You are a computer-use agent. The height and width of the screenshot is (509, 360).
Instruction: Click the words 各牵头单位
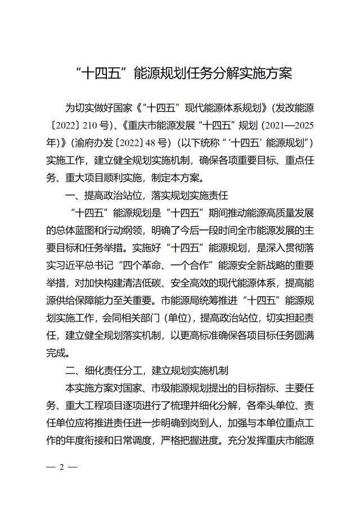(266, 407)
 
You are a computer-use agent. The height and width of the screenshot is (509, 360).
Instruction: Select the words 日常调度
(133, 442)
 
